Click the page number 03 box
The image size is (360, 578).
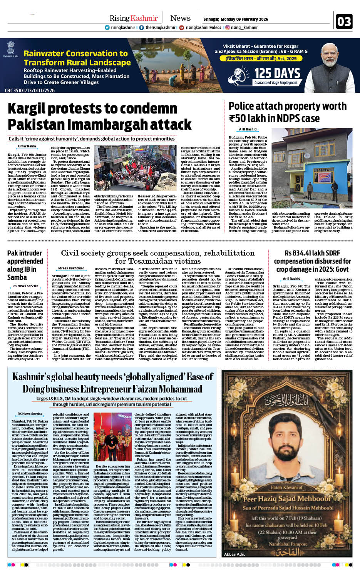pyautogui.click(x=344, y=22)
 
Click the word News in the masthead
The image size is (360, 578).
pyautogui.click(x=180, y=18)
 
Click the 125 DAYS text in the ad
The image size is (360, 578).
pyautogui.click(x=277, y=73)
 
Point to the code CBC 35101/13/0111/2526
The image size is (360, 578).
pyautogui.click(x=30, y=90)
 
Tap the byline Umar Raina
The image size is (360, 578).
pyautogui.click(x=27, y=146)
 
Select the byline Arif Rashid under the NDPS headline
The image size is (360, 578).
pyautogui.click(x=248, y=130)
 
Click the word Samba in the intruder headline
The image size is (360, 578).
pyautogui.click(x=17, y=277)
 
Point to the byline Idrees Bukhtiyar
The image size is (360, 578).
pyautogui.click(x=71, y=268)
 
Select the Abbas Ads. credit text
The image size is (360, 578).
pyautogui.click(x=234, y=554)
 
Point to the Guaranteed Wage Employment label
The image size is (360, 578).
pyautogui.click(x=276, y=83)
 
